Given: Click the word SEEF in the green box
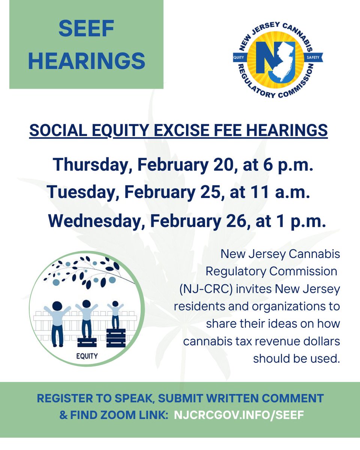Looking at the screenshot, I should click(86, 29).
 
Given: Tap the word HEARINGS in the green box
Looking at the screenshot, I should click(86, 61).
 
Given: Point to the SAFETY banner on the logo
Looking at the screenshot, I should click(312, 58).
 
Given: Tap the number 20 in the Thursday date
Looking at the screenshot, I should click(222, 165).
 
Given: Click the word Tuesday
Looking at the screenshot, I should click(82, 193).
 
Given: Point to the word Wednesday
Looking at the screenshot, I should click(94, 221).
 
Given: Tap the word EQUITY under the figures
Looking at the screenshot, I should click(87, 356).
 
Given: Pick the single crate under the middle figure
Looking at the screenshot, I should click(87, 342).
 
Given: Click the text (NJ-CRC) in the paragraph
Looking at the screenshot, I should click(203, 289).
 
